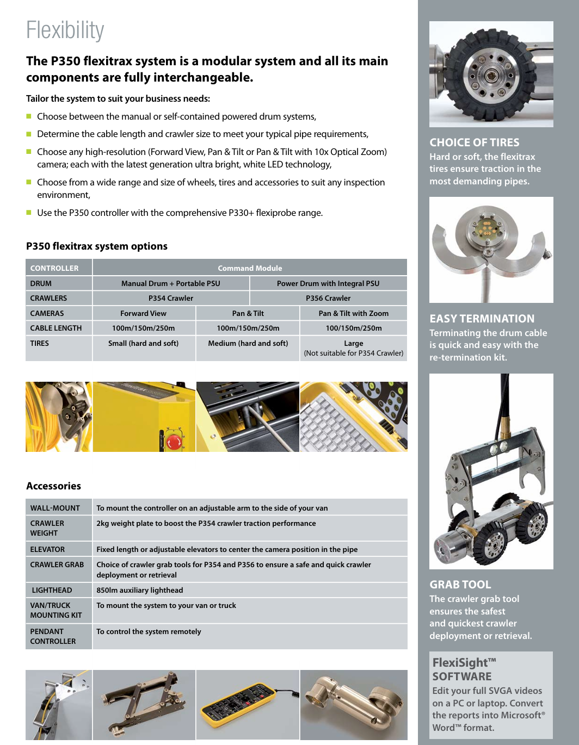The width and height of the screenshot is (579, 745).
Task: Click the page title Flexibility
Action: click(x=65, y=30)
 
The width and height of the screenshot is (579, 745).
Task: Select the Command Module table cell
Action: click(x=250, y=268)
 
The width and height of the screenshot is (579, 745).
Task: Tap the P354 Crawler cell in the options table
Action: click(x=171, y=298)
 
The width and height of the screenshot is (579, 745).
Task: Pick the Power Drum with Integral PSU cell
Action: click(x=328, y=283)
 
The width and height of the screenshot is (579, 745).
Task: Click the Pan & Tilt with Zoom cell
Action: click(x=353, y=313)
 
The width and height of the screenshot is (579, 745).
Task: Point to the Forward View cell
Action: click(x=143, y=313)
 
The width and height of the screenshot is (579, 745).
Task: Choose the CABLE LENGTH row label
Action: click(x=56, y=328)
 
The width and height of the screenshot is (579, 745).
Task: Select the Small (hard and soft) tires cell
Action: click(x=143, y=343)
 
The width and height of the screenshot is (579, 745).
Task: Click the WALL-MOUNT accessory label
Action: click(x=55, y=508)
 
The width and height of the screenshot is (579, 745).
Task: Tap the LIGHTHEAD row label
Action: click(x=52, y=590)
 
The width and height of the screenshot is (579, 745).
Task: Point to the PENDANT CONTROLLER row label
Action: click(x=53, y=636)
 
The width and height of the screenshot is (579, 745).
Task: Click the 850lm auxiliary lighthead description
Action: click(x=140, y=590)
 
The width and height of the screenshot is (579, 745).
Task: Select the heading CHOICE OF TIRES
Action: click(x=475, y=142)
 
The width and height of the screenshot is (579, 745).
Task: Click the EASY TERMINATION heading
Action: click(x=482, y=319)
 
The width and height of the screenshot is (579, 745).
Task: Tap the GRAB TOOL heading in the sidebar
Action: click(x=460, y=585)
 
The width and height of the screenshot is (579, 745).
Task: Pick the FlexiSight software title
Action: click(x=464, y=669)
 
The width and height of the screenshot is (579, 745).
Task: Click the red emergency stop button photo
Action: click(x=174, y=442)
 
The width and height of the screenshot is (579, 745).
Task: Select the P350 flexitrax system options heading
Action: click(x=97, y=246)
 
